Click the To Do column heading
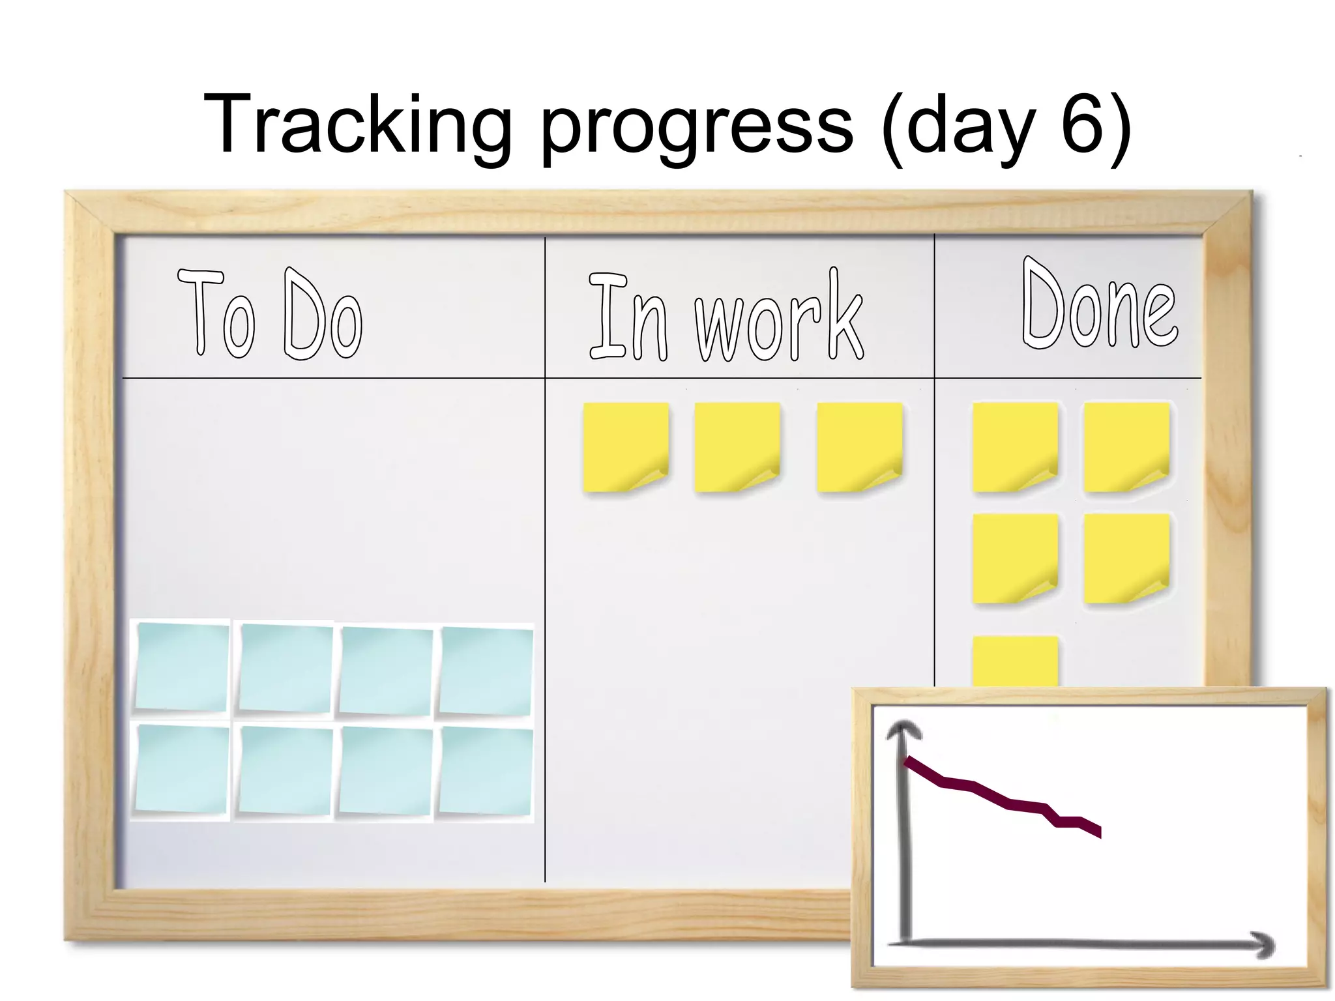(x=269, y=314)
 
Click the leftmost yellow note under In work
(x=625, y=447)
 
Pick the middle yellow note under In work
(x=737, y=447)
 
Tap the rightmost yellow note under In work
(x=859, y=447)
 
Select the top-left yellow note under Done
(x=1014, y=447)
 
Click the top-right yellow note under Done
(x=1126, y=447)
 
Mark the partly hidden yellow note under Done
(x=1015, y=661)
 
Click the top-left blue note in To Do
(x=182, y=666)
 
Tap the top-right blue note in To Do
(x=486, y=671)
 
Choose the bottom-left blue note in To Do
(x=182, y=769)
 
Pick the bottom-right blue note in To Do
(x=486, y=772)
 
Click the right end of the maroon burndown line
(x=1098, y=832)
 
